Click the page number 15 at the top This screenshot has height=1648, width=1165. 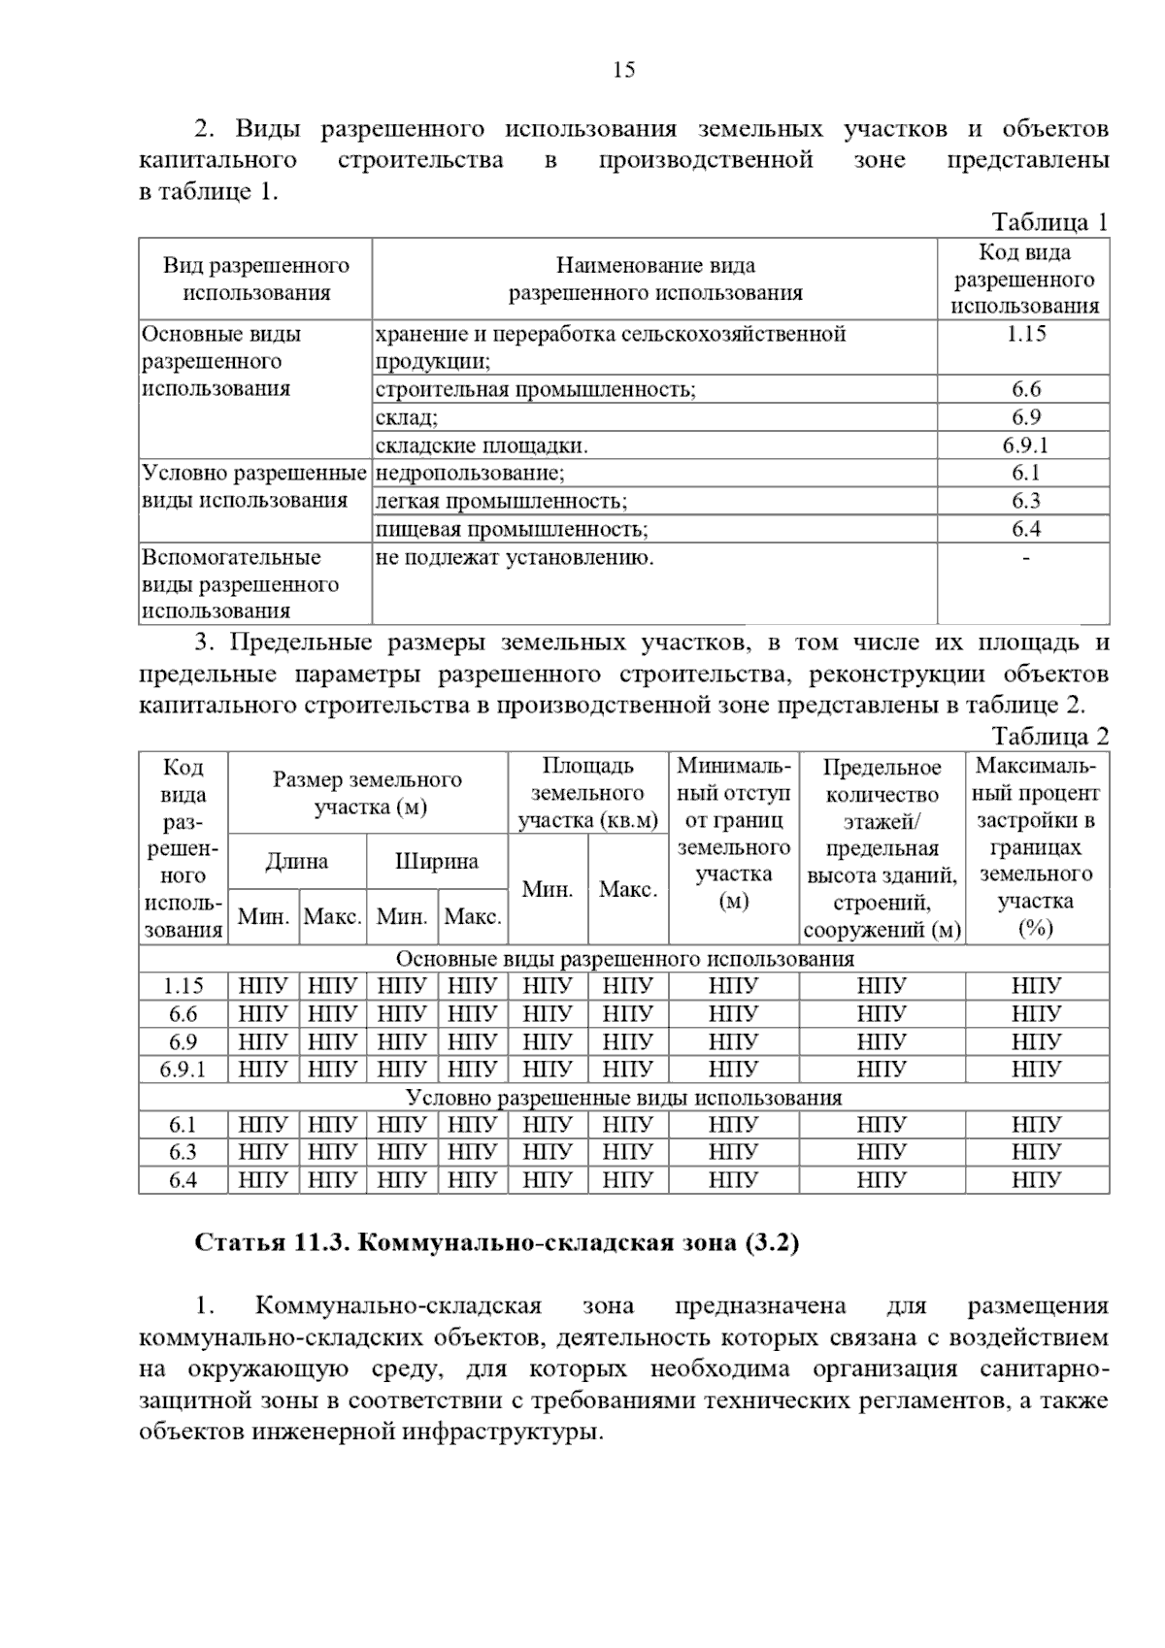click(x=624, y=70)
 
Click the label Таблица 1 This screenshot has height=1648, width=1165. click(x=1049, y=222)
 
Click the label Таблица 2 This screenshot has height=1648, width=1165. click(x=1049, y=736)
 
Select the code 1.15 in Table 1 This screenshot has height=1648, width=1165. click(x=1025, y=334)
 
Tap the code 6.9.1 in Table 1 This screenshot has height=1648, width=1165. click(x=1025, y=445)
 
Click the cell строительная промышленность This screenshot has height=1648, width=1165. click(x=536, y=389)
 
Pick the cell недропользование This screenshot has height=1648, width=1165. click(x=470, y=474)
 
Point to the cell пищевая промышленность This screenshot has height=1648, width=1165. click(x=512, y=529)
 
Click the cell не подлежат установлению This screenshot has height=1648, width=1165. click(x=515, y=558)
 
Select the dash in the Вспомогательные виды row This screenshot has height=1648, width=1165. click(x=1025, y=558)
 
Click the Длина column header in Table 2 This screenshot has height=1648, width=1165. click(x=297, y=861)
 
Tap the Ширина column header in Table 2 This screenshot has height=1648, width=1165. click(x=437, y=861)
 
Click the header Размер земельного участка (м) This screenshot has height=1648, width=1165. click(x=367, y=793)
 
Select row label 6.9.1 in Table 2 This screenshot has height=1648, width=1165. click(x=183, y=1070)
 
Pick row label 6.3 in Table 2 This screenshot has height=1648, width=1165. click(x=183, y=1152)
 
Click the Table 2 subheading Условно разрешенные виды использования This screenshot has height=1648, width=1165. click(x=623, y=1098)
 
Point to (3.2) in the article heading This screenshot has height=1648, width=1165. click(x=772, y=1243)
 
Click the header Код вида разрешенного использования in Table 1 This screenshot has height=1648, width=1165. click(x=1024, y=280)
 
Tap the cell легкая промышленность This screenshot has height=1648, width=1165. click(x=501, y=502)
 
